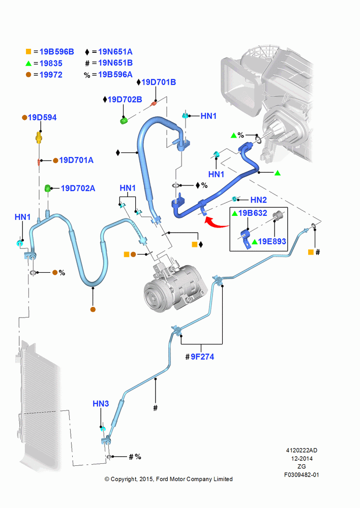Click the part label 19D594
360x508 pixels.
tap(42, 117)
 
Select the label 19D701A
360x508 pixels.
tap(76, 160)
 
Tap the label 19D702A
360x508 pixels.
tap(78, 188)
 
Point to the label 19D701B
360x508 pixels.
tap(159, 82)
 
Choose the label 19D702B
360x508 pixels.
tap(125, 100)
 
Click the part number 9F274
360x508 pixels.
tap(202, 357)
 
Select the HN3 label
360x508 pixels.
tap(101, 404)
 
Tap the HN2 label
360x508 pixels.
tap(258, 200)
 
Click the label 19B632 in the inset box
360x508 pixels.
tap(253, 213)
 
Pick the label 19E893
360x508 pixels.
tap(272, 241)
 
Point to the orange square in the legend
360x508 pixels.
tap(28, 51)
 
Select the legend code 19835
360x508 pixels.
tap(51, 63)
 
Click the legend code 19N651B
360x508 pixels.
tap(115, 63)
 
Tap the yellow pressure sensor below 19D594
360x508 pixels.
tap(39, 137)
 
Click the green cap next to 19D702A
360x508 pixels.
tap(47, 188)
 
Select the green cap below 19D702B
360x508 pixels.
tap(124, 121)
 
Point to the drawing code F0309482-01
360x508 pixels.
tap(302, 474)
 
